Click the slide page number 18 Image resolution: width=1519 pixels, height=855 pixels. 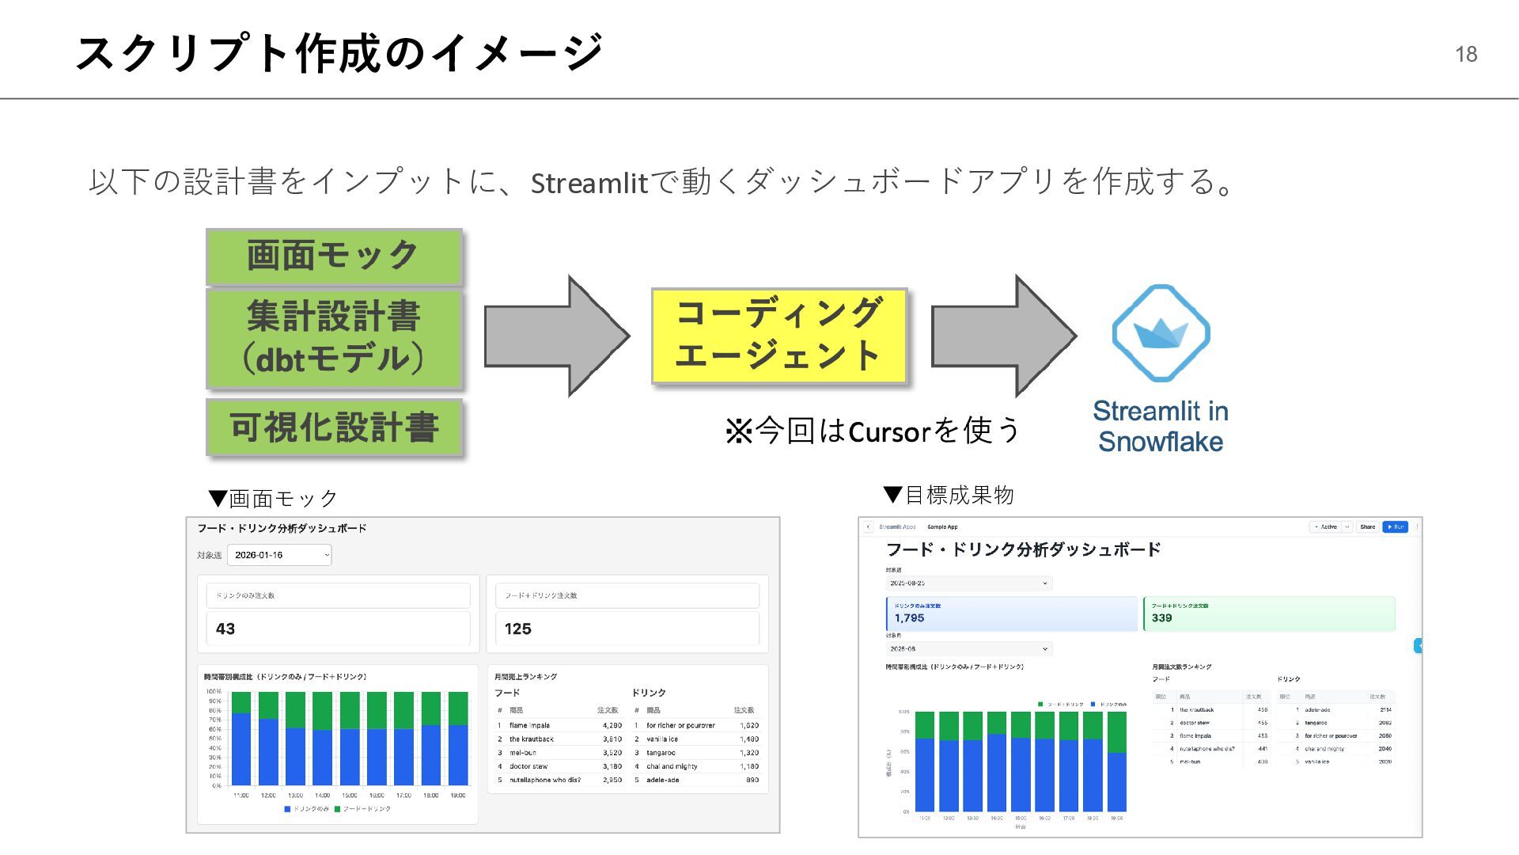coord(1465,54)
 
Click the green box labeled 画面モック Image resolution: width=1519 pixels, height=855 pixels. coord(334,256)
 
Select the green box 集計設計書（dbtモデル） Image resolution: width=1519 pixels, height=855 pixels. coord(334,338)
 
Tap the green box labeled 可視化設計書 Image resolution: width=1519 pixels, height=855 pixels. coord(334,427)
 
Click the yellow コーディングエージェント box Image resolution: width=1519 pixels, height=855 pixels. coord(778,336)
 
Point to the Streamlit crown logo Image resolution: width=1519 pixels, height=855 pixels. coord(1161,333)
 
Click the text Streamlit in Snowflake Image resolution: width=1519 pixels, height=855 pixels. coord(1161,426)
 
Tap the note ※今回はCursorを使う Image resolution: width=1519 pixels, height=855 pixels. coord(873,431)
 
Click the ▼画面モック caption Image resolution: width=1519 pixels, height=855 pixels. coord(274,498)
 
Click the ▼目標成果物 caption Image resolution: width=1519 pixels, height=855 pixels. coord(949,495)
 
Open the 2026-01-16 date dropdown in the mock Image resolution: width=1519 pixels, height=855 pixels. coord(279,555)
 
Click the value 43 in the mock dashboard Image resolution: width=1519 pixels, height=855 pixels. coord(225,629)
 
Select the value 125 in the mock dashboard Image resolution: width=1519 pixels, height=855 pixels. coord(517,629)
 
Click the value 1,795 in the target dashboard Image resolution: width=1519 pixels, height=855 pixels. coord(909,617)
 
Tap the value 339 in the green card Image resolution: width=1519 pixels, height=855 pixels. coord(1161,617)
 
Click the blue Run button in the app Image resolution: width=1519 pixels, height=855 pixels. coord(1395,526)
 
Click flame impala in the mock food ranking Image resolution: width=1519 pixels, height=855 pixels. coord(529,725)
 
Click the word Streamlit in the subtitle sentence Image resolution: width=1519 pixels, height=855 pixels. coord(589,183)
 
